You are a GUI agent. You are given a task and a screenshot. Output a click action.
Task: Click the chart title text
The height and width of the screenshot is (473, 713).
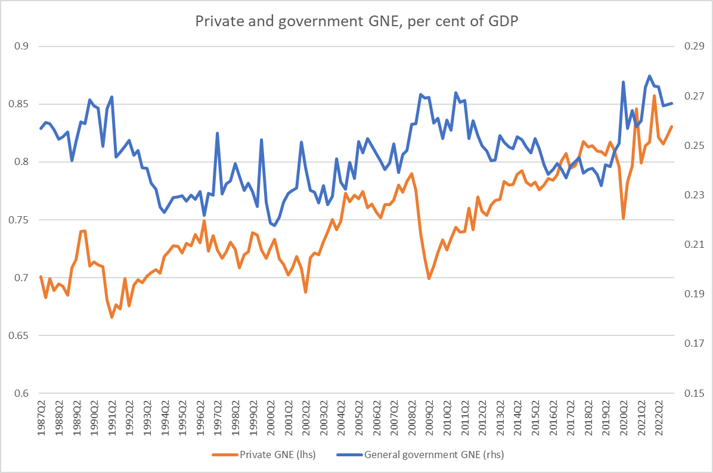coord(356,22)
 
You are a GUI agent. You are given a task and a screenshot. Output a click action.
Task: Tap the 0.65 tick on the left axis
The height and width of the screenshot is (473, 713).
coord(21,336)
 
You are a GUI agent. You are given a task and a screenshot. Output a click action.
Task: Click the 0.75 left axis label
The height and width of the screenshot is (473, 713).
coord(21,220)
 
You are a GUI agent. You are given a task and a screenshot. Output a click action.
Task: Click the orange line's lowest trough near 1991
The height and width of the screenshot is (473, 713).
coord(111,318)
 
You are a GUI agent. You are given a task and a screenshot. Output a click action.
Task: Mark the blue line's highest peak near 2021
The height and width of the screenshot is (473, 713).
coord(650,76)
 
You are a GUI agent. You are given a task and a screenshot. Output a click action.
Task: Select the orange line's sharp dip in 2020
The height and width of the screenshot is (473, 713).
coord(623,219)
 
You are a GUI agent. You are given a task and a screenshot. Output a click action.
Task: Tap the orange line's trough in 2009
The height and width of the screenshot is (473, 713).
coord(429,278)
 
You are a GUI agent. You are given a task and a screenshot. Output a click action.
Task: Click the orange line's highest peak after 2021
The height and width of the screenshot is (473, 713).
coord(654,95)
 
